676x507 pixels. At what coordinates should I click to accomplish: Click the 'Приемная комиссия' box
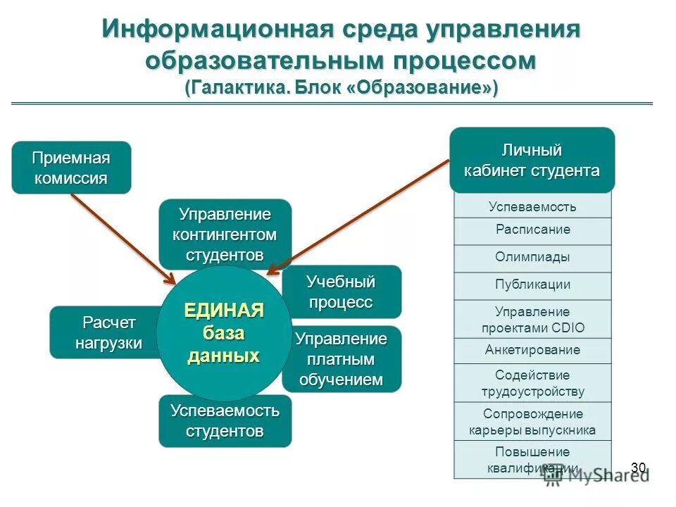point(71,168)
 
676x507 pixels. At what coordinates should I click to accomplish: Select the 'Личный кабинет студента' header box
point(532,161)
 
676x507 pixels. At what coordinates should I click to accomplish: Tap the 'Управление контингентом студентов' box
point(225,233)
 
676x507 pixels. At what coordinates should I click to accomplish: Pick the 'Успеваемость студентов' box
point(225,421)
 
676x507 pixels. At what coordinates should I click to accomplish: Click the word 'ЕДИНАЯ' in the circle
point(224,311)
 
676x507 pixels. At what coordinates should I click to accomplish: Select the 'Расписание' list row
point(532,230)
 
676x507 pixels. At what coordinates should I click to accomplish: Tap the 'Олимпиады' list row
point(532,258)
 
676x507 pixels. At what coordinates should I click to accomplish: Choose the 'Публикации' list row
point(532,285)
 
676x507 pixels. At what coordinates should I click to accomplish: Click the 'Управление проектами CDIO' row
point(532,320)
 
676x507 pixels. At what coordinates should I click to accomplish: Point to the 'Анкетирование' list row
point(532,350)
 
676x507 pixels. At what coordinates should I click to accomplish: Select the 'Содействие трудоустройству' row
point(532,383)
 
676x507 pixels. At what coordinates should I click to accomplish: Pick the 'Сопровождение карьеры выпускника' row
point(532,422)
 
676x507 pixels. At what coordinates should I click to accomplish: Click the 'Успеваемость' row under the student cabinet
point(532,206)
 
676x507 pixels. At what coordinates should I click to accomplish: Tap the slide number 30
point(638,468)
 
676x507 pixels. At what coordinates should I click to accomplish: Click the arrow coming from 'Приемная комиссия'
point(123,237)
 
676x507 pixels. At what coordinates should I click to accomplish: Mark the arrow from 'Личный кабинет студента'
point(359,215)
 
